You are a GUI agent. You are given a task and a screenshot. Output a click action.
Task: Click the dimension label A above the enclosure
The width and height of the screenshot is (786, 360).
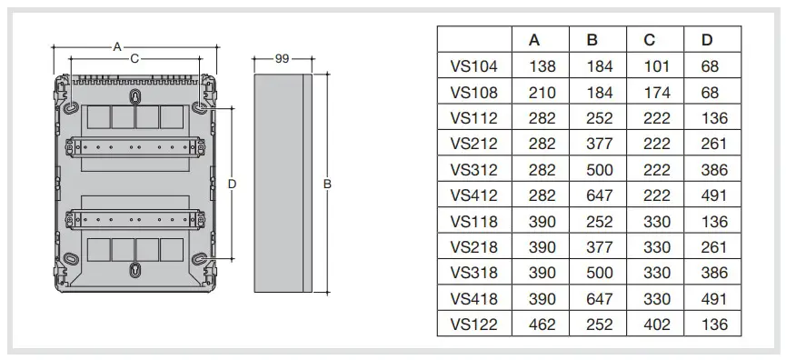click(x=117, y=47)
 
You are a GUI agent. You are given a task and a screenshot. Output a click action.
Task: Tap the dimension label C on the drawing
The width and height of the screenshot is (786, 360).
click(x=134, y=59)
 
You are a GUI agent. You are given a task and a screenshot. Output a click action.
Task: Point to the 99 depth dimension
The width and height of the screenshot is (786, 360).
click(x=283, y=59)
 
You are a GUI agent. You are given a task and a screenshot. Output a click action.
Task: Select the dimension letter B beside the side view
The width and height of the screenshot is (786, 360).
click(x=327, y=184)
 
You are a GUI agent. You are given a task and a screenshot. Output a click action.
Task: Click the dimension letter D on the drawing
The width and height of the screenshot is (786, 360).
click(x=232, y=184)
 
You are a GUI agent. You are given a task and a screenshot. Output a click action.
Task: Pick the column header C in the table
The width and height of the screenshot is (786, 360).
click(x=649, y=40)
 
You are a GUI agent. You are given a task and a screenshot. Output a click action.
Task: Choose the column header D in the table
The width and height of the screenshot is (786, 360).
click(x=707, y=40)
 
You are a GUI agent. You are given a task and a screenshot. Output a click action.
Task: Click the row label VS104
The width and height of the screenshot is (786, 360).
click(x=473, y=66)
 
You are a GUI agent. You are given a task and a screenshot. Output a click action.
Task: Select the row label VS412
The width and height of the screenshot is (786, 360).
click(x=473, y=195)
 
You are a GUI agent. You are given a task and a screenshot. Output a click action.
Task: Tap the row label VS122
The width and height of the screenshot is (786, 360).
click(x=473, y=325)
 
